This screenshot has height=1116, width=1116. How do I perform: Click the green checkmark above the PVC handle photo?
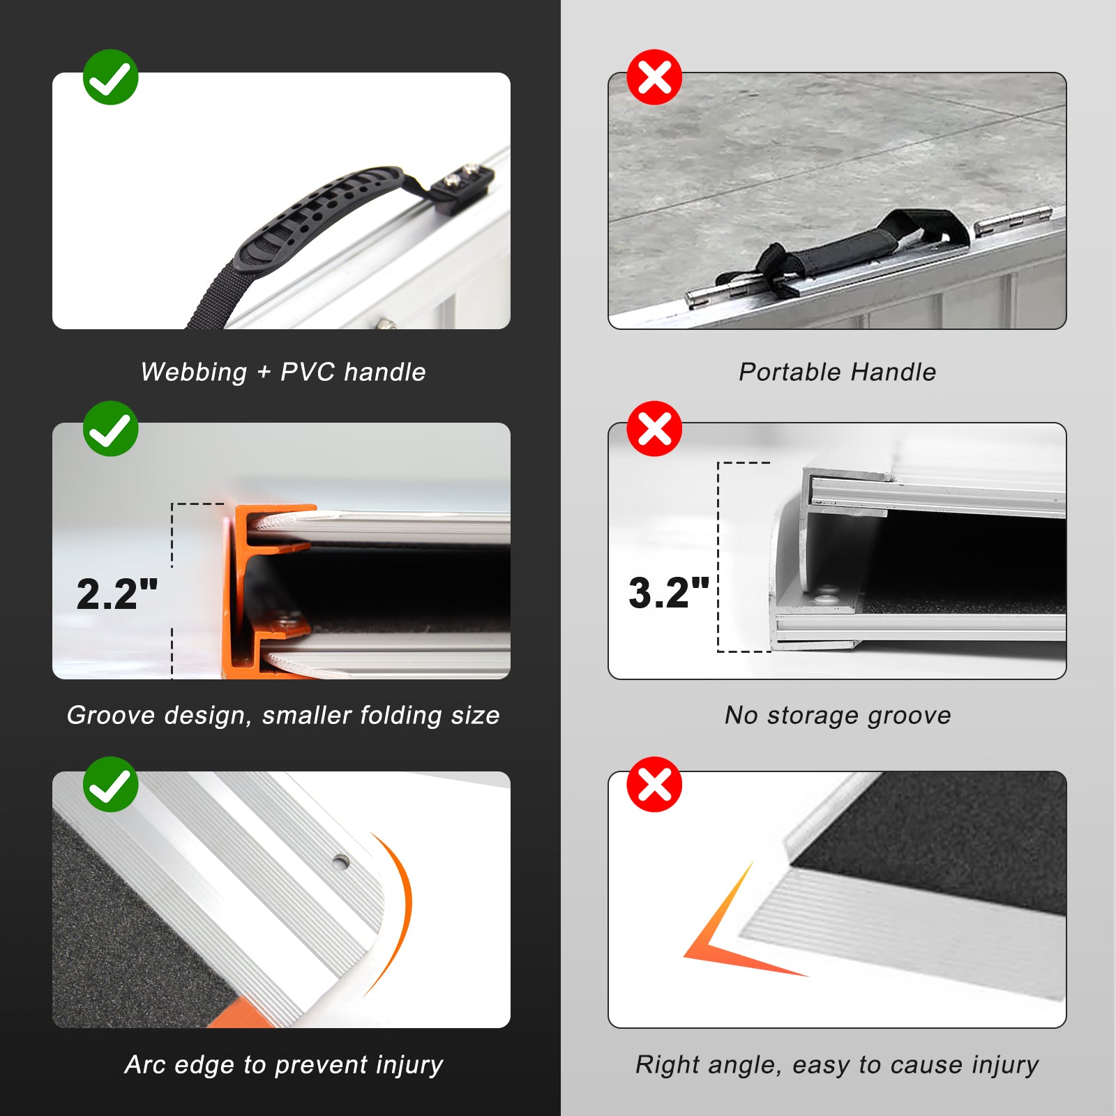pos(110,77)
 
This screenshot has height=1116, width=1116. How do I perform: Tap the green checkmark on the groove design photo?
pos(110,428)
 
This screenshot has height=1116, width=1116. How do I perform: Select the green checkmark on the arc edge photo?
pos(110,784)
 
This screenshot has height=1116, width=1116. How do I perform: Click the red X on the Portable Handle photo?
pos(654,77)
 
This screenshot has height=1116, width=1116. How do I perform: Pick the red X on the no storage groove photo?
pos(654,428)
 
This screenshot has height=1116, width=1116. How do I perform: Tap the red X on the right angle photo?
pos(654,784)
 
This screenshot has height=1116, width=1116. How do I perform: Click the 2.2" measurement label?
pos(117,594)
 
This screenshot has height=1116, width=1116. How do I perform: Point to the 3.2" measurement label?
pos(669,593)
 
